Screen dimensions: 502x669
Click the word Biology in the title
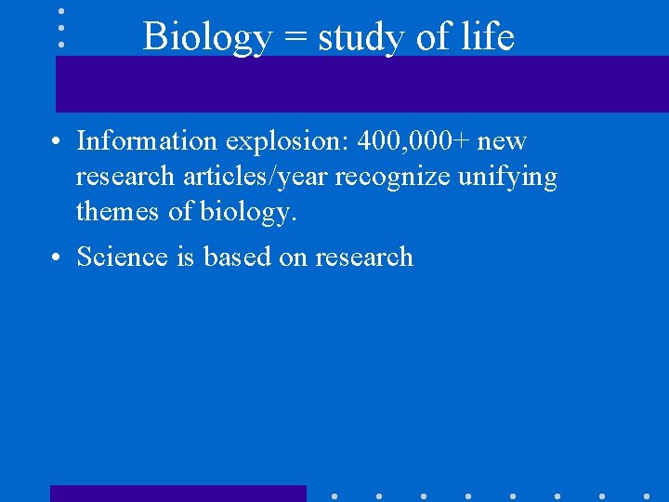(207, 38)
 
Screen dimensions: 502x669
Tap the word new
(502, 142)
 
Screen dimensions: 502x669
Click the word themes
(118, 212)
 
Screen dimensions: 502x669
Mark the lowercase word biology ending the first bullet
(248, 213)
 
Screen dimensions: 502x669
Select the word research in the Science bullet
(363, 256)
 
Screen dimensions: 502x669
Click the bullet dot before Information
(59, 142)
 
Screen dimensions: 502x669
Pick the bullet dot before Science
(59, 257)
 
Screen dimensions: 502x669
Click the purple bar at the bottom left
(177, 494)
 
